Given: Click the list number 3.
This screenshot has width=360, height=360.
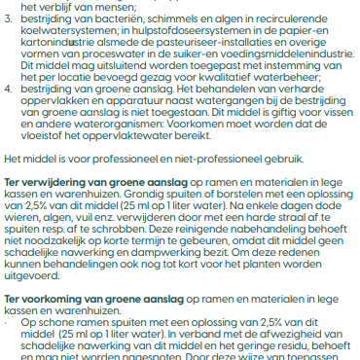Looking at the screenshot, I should (x=9, y=19).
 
